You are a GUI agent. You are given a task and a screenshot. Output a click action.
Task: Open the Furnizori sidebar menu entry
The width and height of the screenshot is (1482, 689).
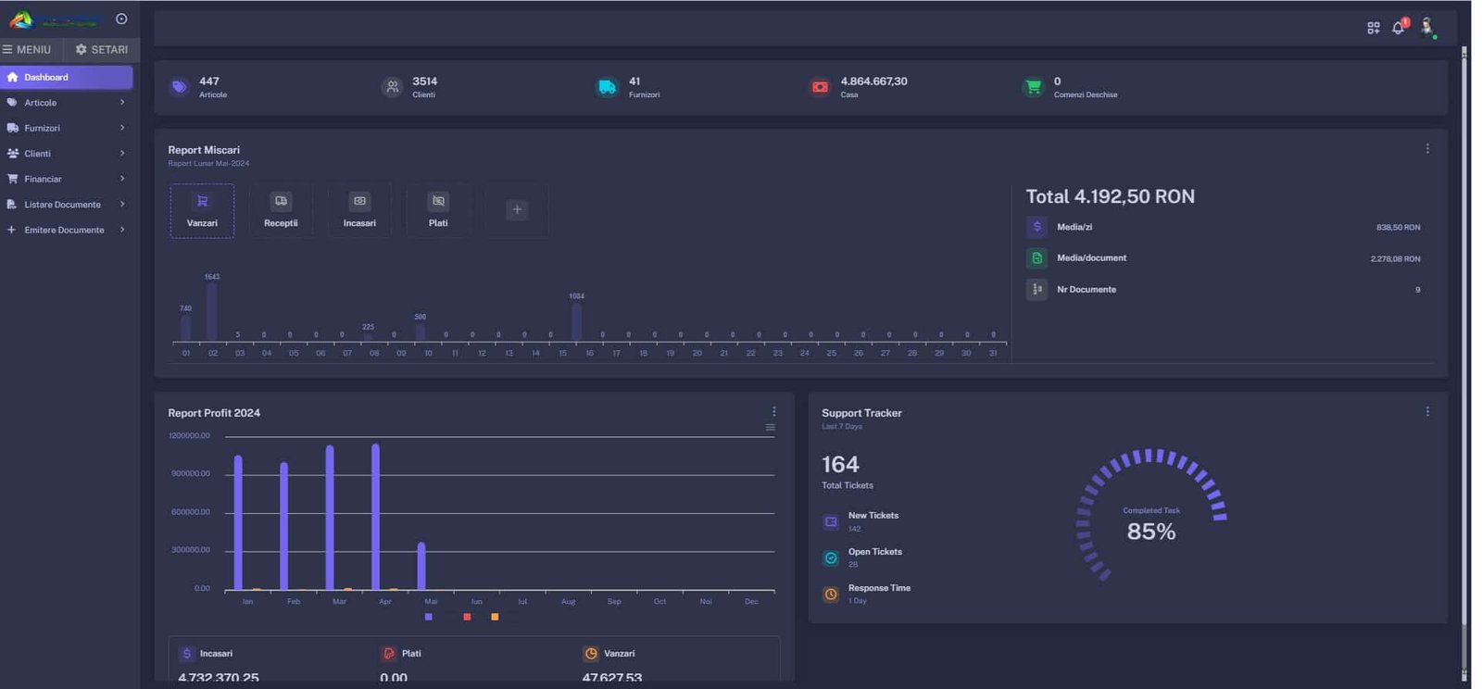[43, 129]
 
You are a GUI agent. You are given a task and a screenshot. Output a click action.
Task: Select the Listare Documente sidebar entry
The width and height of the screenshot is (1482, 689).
[62, 205]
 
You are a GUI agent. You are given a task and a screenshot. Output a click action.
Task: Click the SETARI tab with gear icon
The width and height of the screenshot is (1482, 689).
[102, 50]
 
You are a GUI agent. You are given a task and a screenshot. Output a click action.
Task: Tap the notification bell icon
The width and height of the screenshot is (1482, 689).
[1399, 28]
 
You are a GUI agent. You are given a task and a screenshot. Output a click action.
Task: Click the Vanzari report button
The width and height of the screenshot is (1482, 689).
[202, 211]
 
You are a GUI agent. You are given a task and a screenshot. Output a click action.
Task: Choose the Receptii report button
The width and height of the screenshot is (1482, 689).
[281, 211]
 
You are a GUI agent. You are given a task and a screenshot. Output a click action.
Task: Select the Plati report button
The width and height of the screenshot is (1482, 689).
[438, 211]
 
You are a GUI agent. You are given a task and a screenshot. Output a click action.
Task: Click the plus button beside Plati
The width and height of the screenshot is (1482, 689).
[517, 210]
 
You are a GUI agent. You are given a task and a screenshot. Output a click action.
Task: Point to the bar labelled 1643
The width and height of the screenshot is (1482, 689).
[212, 312]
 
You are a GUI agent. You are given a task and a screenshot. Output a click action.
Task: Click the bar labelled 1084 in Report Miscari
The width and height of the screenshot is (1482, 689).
[576, 322]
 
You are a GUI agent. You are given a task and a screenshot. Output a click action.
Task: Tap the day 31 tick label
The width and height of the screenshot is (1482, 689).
[993, 354]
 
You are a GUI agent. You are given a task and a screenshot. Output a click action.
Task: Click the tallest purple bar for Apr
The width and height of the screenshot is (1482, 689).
[375, 517]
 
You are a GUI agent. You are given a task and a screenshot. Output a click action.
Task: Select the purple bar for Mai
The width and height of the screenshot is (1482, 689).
[421, 566]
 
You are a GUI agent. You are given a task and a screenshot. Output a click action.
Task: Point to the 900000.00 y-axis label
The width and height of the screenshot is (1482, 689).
[191, 474]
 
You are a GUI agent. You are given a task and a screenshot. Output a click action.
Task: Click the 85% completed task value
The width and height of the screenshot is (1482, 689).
[1150, 532]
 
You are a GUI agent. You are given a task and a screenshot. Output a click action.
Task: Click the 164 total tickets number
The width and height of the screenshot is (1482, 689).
[840, 465]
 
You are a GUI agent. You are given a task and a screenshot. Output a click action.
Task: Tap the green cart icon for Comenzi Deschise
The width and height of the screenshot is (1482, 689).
[1033, 88]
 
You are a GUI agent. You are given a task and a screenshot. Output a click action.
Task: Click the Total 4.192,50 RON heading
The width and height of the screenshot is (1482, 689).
[1110, 197]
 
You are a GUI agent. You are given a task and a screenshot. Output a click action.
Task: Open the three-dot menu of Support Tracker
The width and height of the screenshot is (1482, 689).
[1427, 412]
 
